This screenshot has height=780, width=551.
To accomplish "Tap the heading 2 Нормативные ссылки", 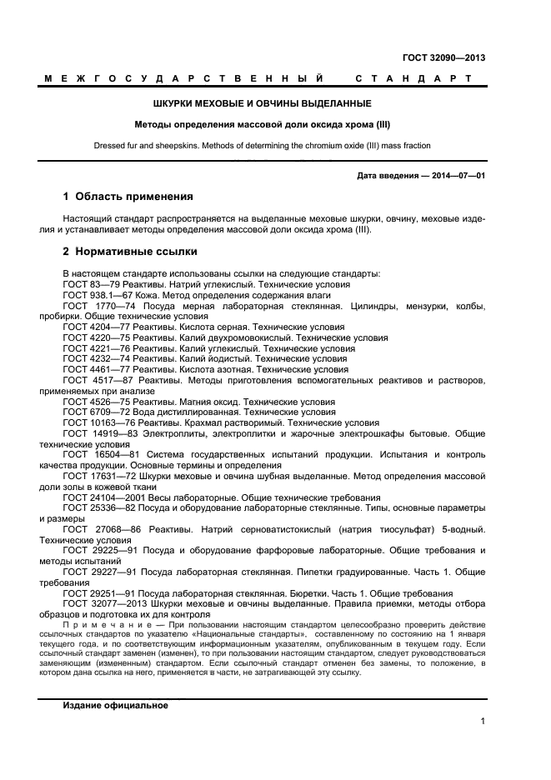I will coord(130,251).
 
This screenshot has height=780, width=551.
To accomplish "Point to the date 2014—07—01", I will coord(456,175).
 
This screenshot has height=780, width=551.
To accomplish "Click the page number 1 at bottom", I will coord(483,722).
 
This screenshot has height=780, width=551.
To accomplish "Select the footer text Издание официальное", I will coord(115,705).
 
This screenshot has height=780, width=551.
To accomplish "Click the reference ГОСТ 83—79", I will coord(91,284).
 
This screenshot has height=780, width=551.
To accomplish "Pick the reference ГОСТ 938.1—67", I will coord(96,295).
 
